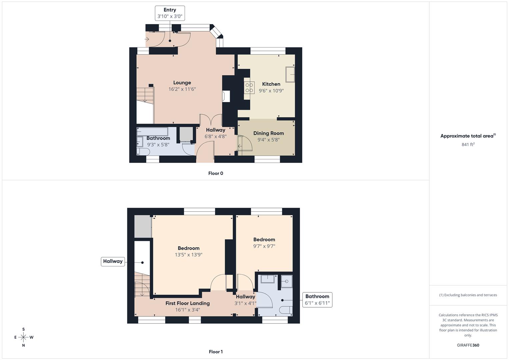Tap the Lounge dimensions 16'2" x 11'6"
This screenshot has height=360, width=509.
182,89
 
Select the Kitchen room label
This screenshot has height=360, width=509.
271,84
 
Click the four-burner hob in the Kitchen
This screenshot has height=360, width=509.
249,87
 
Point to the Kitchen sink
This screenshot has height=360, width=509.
290,74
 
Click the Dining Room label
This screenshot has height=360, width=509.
268,133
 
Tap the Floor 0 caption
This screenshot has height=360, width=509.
216,173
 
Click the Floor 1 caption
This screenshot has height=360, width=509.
216,352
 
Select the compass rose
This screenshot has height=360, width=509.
23,337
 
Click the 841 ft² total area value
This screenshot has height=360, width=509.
468,145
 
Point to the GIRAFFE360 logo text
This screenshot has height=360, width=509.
468,345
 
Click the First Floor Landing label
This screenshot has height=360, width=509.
188,303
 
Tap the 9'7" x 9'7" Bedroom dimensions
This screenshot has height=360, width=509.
264,246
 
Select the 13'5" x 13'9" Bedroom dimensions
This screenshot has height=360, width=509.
189,255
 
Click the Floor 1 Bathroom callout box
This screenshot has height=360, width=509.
317,300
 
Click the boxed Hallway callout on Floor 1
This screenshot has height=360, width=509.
113,261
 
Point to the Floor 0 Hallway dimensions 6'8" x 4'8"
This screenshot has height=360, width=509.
215,137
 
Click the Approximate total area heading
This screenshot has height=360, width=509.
468,136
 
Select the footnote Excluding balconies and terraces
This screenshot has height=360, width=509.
468,295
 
